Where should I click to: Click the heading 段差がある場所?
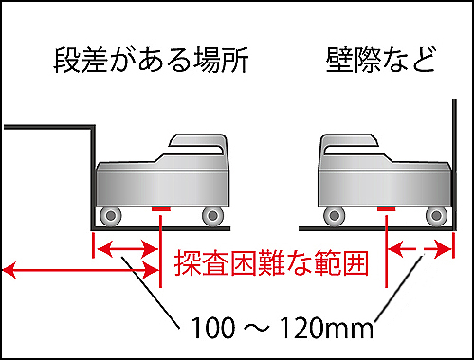(151, 60)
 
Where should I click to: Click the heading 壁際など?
(381, 60)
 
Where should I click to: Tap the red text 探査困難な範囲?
(271, 263)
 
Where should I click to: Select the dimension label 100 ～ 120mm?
(283, 327)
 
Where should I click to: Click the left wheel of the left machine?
(111, 216)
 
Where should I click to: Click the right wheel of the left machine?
(212, 216)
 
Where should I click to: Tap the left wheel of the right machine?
(335, 216)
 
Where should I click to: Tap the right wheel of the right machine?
(436, 216)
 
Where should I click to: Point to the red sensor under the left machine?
(161, 208)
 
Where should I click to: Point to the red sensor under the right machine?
(387, 208)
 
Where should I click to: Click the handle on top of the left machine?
(198, 145)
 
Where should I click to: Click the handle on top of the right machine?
(349, 145)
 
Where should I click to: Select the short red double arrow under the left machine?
(128, 249)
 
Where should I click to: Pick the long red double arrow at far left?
(81, 271)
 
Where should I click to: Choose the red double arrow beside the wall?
(420, 249)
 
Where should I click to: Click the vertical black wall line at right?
(454, 164)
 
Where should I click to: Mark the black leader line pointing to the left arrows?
(151, 293)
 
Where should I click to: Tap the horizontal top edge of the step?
(49, 127)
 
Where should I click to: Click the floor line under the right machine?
(376, 228)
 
